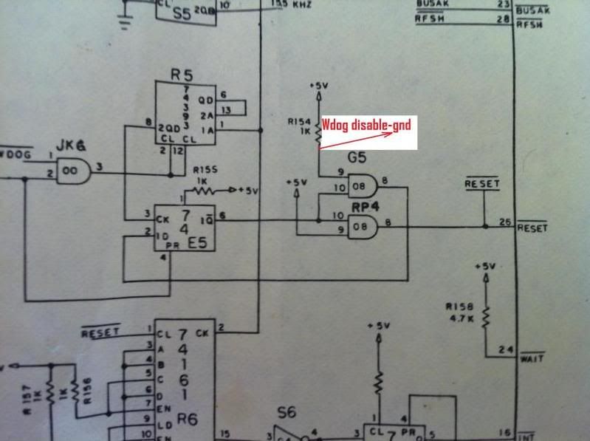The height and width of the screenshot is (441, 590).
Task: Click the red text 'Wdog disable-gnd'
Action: tap(367, 125)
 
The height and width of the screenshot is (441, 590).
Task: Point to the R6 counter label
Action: tap(188, 419)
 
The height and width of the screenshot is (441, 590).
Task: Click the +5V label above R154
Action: tap(319, 85)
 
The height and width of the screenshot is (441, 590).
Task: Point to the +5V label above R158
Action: tap(486, 264)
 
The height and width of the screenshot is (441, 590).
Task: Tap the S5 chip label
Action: tap(182, 12)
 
